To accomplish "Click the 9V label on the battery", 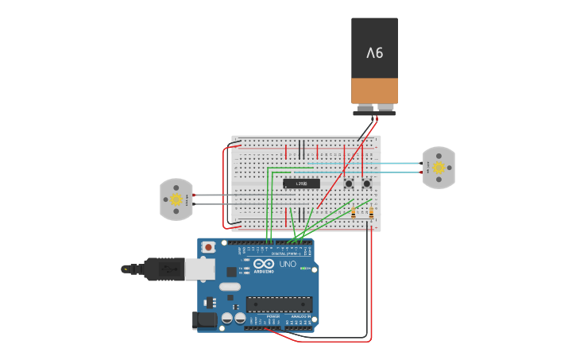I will click(x=374, y=53).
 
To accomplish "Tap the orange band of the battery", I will click(x=374, y=90).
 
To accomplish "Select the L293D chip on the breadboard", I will click(x=302, y=184).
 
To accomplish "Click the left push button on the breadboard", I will click(x=349, y=184).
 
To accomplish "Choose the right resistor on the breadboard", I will click(x=371, y=212).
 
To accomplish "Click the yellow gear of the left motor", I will click(x=175, y=199).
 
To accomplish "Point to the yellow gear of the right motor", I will click(x=438, y=168).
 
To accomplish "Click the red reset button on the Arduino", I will click(x=208, y=247).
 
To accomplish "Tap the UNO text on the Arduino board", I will click(x=287, y=264).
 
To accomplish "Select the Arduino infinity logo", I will click(x=265, y=264).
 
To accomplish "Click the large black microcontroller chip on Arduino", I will click(x=279, y=304).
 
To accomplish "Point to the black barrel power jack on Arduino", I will click(x=204, y=320).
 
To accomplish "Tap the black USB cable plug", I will click(x=164, y=269).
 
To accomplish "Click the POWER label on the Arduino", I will click(x=273, y=316).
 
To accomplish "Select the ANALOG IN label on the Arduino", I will click(x=301, y=316).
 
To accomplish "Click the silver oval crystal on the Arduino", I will click(x=229, y=287).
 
